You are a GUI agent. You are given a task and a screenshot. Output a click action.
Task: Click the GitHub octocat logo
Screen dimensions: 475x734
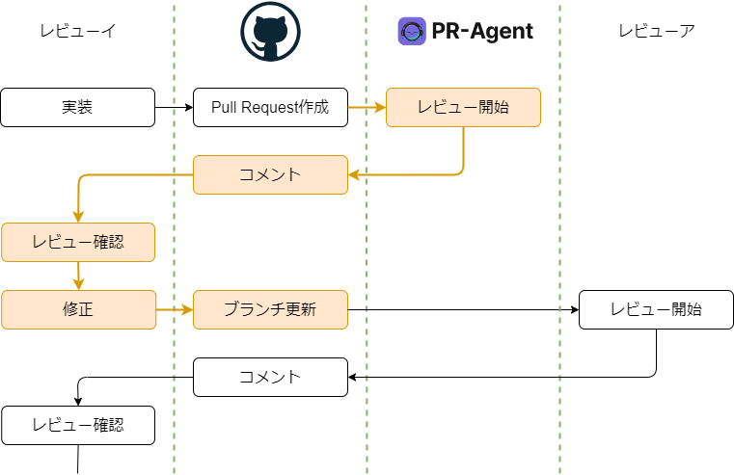(270, 32)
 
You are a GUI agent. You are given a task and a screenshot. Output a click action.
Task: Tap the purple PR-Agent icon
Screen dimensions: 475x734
(412, 31)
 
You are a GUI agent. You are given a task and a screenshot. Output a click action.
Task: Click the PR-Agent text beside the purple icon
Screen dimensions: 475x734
(482, 31)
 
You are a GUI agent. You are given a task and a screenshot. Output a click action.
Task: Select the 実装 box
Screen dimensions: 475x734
(77, 107)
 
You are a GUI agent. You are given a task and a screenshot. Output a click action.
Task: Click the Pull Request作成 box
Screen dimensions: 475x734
(270, 107)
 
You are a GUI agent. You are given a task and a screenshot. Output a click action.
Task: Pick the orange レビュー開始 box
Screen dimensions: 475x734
(463, 107)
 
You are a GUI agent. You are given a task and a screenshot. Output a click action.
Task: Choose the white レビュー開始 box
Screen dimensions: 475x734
(656, 309)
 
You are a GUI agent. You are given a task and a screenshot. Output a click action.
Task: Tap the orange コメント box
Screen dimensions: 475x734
(270, 174)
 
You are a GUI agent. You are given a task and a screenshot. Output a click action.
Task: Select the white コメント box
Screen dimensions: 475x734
(270, 377)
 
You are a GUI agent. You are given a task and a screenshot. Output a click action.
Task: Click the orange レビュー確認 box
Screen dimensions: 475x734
(77, 242)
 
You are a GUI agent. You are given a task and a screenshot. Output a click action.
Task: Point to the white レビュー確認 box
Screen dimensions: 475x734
(77, 425)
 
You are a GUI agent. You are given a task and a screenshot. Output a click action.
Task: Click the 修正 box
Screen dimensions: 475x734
(77, 309)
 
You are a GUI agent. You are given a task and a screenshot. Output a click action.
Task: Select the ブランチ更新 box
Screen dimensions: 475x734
(270, 309)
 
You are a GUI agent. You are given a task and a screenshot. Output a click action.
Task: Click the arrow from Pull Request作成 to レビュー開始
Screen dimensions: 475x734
(367, 107)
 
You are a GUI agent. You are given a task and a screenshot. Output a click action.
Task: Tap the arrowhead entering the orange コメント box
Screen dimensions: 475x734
(354, 174)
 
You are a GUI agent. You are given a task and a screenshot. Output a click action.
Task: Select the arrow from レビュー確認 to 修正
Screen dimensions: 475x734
(77, 276)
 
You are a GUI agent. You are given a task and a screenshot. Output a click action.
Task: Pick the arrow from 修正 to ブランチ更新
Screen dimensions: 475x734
(174, 309)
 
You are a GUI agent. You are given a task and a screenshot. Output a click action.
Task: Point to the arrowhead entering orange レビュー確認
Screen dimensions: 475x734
(77, 217)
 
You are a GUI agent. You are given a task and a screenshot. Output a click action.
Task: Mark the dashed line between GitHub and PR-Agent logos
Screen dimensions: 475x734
(367, 39)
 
